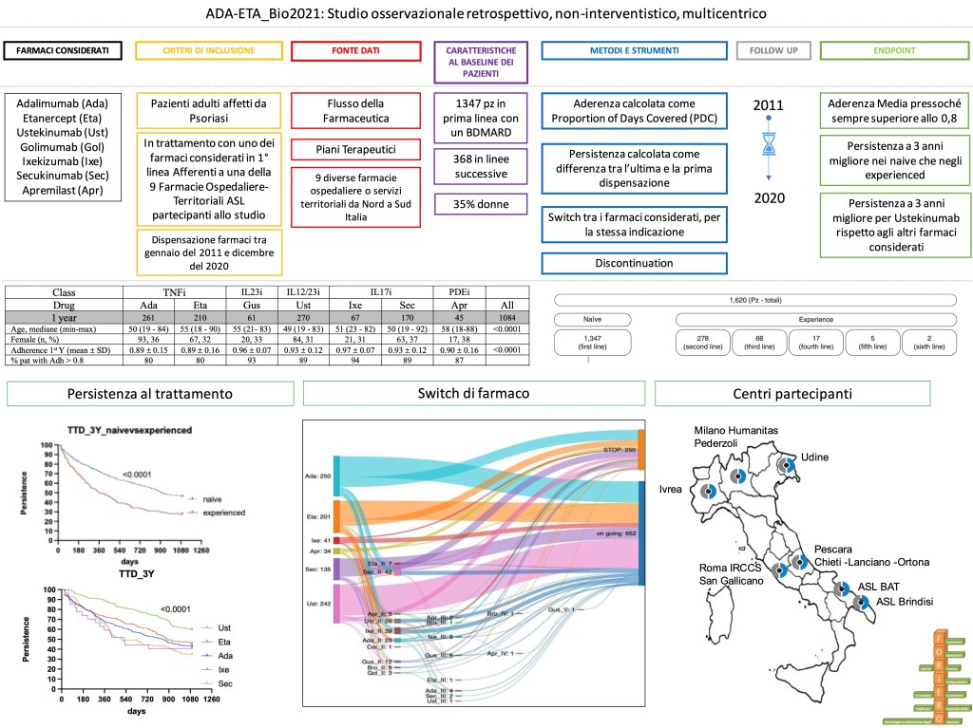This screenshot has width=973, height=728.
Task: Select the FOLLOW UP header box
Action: pos(773,50)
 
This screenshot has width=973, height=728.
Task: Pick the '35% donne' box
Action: pos(480,204)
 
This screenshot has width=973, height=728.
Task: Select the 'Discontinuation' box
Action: pos(635,264)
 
